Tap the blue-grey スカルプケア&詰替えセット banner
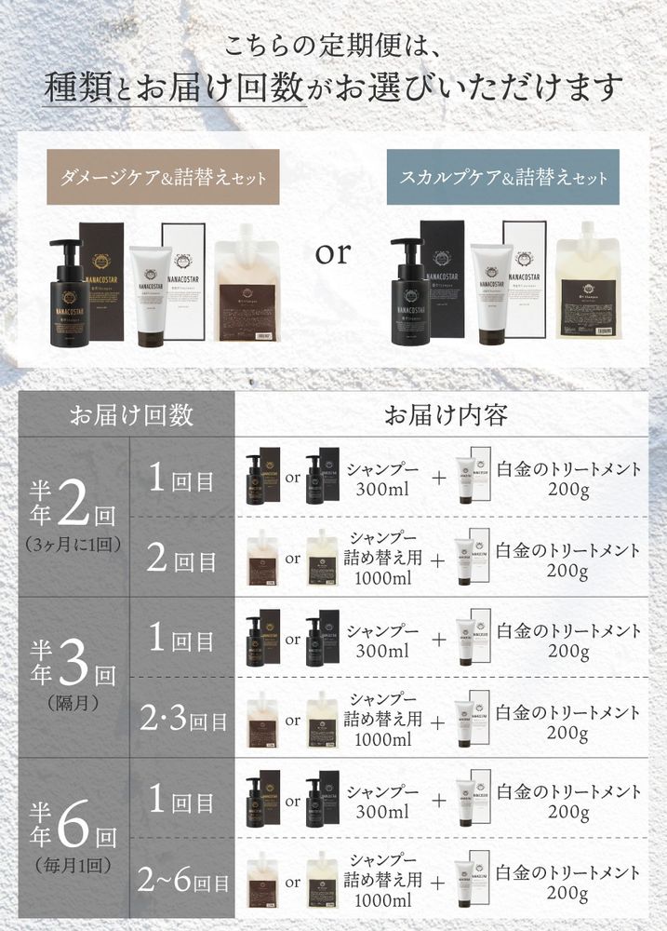503,177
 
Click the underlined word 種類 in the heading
77,88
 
